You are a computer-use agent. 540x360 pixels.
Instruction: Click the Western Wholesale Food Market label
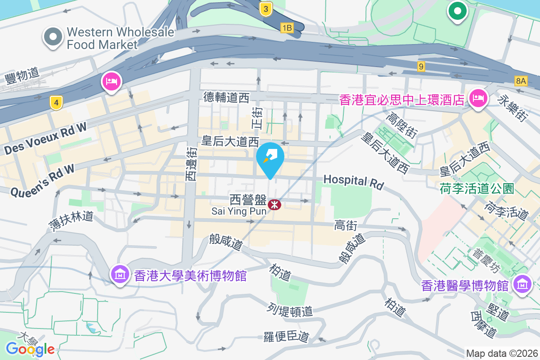pyautogui.click(x=102, y=38)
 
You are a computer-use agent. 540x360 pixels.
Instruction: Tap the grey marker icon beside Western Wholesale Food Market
pyautogui.click(x=53, y=37)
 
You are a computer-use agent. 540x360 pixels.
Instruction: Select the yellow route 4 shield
pyautogui.click(x=56, y=103)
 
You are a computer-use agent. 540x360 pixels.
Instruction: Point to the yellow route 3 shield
pyautogui.click(x=266, y=9)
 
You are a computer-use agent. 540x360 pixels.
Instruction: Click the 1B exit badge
pyautogui.click(x=287, y=28)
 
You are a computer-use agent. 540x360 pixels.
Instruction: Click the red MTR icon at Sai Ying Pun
pyautogui.click(x=274, y=205)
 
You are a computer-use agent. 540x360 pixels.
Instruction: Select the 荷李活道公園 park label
pyautogui.click(x=477, y=188)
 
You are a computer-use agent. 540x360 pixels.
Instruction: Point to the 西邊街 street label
pyautogui.click(x=192, y=164)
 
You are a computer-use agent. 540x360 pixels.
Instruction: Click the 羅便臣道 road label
pyautogui.click(x=287, y=336)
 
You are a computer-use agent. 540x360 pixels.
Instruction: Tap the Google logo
pyautogui.click(x=30, y=349)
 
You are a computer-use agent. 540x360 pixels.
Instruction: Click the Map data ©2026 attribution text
pyautogui.click(x=502, y=353)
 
